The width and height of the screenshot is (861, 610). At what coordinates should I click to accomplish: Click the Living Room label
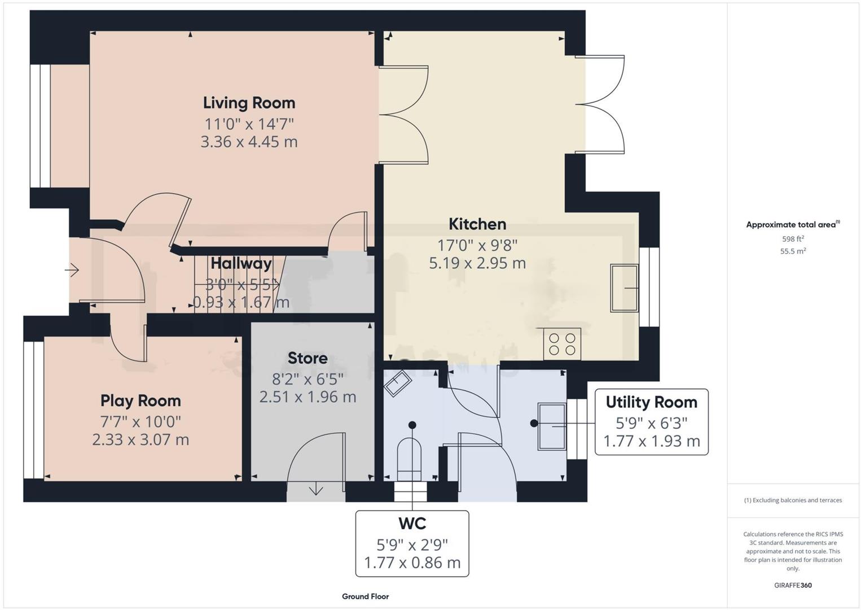pyautogui.click(x=249, y=103)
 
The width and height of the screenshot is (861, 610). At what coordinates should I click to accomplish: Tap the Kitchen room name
pyautogui.click(x=477, y=224)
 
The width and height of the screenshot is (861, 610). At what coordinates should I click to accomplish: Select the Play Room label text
pyautogui.click(x=140, y=401)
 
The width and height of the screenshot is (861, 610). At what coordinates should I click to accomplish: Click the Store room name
pyautogui.click(x=307, y=358)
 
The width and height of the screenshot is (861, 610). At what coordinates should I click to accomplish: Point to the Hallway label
pyautogui.click(x=241, y=263)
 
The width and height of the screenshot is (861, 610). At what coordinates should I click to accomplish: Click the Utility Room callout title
pyautogui.click(x=651, y=402)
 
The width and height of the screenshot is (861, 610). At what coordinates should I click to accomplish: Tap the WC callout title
pyautogui.click(x=412, y=524)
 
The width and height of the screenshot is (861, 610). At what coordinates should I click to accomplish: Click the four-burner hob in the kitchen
pyautogui.click(x=562, y=344)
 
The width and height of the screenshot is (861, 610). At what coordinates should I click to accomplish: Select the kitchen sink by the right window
pyautogui.click(x=624, y=288)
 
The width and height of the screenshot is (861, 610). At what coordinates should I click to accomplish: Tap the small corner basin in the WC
pyautogui.click(x=398, y=384)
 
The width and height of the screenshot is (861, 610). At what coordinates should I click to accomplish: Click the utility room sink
pyautogui.click(x=552, y=426)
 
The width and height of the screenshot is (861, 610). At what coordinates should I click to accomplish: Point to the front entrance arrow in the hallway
pyautogui.click(x=72, y=271)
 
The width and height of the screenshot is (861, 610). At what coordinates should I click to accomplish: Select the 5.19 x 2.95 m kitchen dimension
pyautogui.click(x=477, y=263)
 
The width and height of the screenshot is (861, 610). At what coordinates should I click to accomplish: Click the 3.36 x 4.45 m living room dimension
pyautogui.click(x=249, y=142)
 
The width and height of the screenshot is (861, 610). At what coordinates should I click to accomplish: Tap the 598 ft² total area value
pyautogui.click(x=792, y=239)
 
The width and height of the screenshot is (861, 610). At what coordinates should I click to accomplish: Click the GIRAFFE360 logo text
pyautogui.click(x=792, y=585)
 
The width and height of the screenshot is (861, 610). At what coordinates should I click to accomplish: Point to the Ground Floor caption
pyautogui.click(x=365, y=596)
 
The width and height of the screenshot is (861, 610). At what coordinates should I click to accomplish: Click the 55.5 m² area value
pyautogui.click(x=792, y=251)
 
